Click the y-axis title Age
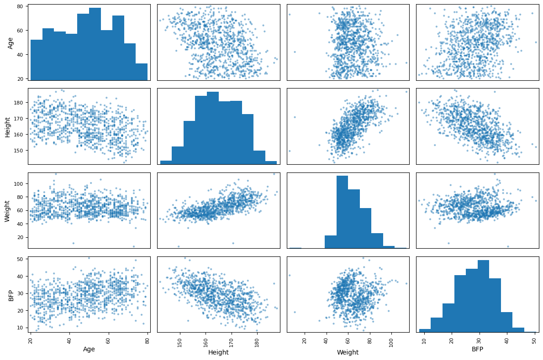tap(11, 42)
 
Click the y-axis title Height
tap(8, 126)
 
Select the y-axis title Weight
tap(8, 210)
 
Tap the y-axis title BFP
tap(11, 294)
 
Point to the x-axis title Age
tap(89, 349)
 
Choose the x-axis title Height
tap(218, 352)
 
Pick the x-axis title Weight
tap(348, 352)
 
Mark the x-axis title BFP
tap(477, 349)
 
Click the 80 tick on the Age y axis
tap(21, 6)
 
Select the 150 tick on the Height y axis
tap(20, 150)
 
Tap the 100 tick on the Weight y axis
tap(20, 183)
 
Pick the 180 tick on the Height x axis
tap(257, 342)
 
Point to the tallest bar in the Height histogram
tap(213, 128)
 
